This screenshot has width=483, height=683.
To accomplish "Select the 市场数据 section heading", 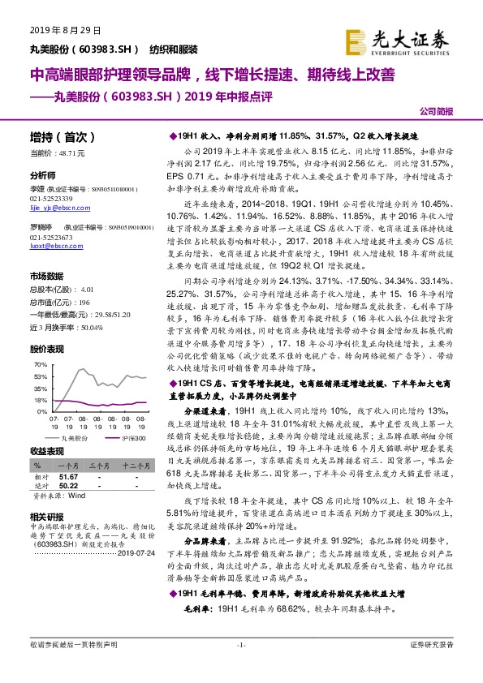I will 47,276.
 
